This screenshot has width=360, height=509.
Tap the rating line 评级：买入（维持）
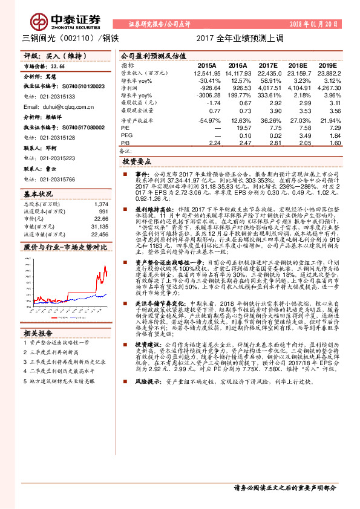[x=48, y=56]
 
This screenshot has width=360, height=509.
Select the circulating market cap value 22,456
[x=99, y=233]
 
